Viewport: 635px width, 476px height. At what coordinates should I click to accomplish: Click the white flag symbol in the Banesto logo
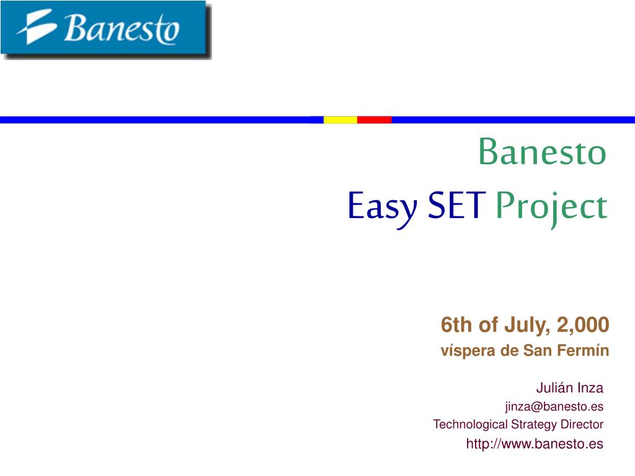pos(37,27)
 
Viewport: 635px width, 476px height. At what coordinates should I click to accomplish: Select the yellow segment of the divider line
pos(340,120)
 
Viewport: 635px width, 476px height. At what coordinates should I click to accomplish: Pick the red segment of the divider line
pos(374,120)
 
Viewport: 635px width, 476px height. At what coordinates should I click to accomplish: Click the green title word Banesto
pos(542,152)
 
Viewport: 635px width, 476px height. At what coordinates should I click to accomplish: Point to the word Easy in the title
pos(382,208)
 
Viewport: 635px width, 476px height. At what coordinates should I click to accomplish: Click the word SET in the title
pos(456,205)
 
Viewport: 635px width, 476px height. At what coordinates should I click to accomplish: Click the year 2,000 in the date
pos(583,325)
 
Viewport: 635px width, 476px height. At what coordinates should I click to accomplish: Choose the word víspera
pos(468,351)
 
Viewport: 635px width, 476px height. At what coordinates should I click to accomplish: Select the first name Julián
pos(555,387)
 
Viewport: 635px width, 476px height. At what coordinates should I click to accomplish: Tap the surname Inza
pos(590,387)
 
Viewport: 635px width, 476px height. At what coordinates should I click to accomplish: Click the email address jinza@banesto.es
pos(554,407)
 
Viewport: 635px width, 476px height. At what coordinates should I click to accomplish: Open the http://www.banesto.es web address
pos(535,444)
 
